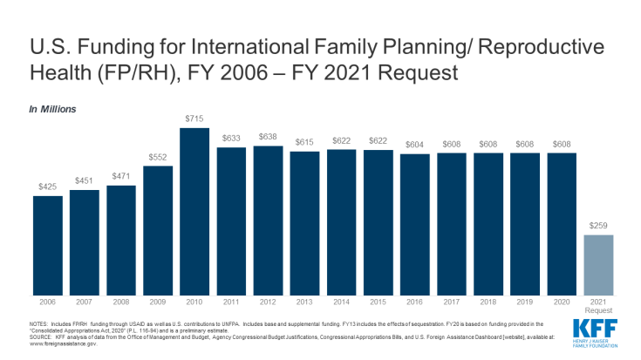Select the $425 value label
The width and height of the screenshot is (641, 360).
click(48, 188)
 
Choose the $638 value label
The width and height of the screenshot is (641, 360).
click(268, 139)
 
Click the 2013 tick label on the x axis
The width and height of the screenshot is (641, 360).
click(304, 302)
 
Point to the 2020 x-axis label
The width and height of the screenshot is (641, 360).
click(561, 302)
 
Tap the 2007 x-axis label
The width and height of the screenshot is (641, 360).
click(85, 302)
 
